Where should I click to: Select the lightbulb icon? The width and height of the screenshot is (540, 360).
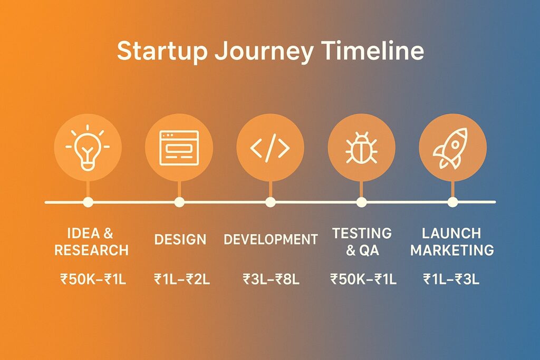click(x=88, y=148)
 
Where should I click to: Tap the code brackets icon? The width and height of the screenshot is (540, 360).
click(x=270, y=149)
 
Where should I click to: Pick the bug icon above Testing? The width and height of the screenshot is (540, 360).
click(x=361, y=149)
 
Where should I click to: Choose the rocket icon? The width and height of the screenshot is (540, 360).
click(x=452, y=148)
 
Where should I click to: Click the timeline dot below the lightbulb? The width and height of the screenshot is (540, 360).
click(x=88, y=202)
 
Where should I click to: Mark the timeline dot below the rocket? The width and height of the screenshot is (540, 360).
click(x=452, y=202)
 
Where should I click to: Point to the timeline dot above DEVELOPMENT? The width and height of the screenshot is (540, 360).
click(x=270, y=202)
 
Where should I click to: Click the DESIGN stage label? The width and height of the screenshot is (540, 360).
click(x=180, y=240)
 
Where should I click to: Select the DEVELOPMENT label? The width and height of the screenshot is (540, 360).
click(x=271, y=240)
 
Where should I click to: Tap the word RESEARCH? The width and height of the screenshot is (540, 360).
click(x=91, y=250)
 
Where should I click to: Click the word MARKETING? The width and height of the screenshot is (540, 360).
click(x=452, y=250)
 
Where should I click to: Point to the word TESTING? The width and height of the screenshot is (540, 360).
click(x=362, y=233)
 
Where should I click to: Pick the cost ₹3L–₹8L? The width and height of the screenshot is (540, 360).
click(x=271, y=279)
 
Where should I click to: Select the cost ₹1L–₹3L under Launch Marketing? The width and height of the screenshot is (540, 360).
click(x=451, y=279)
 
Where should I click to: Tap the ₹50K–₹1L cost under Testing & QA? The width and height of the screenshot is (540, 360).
click(x=363, y=279)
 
